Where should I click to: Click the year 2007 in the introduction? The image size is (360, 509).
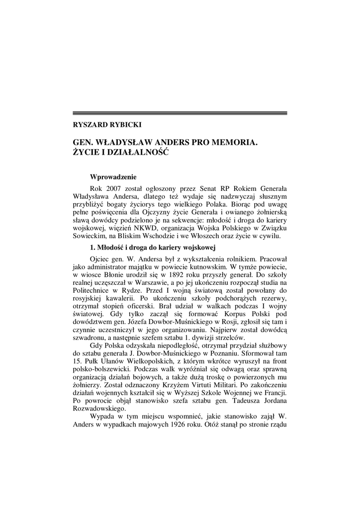(116, 189)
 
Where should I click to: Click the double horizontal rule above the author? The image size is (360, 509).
(180, 113)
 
